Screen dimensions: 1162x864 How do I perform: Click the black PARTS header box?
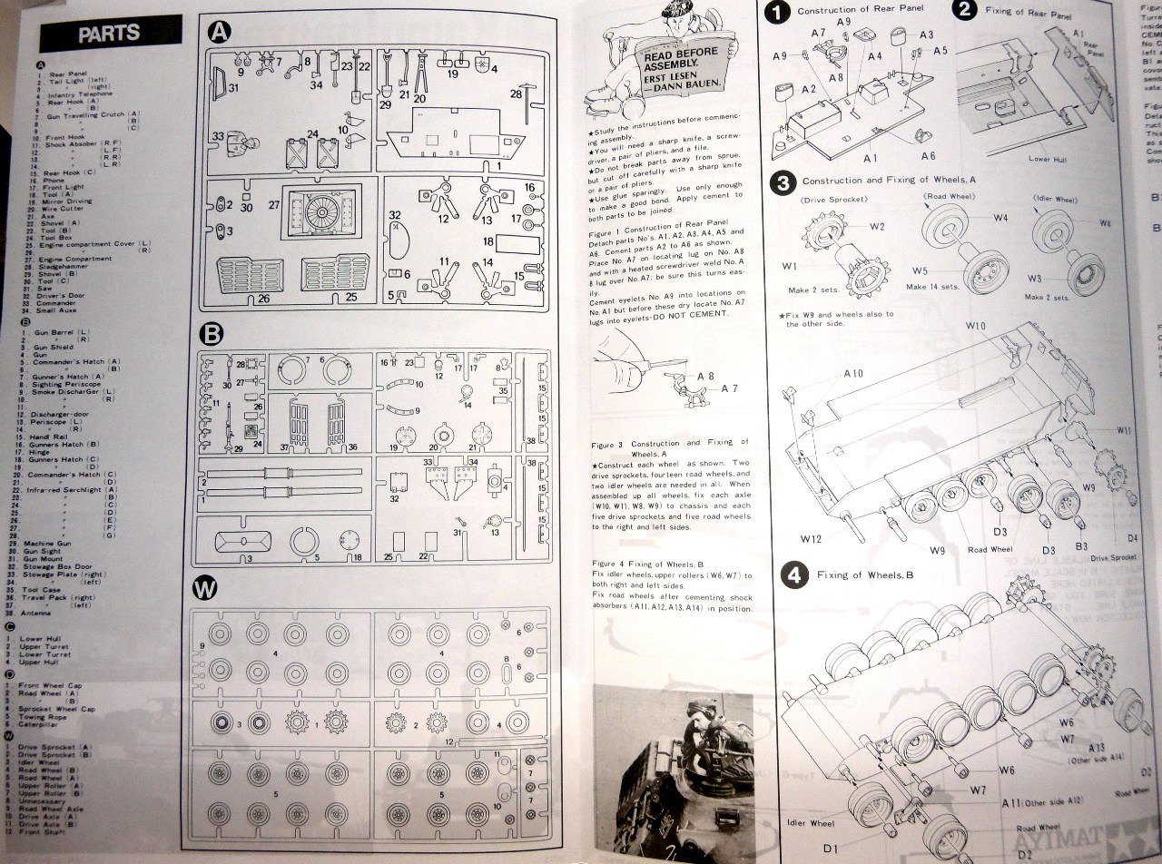109,34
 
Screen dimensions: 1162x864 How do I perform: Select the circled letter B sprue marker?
211,334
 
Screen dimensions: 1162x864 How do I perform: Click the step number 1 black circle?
777,13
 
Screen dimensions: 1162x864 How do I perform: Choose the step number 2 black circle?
965,11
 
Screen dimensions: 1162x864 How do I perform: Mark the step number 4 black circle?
793,574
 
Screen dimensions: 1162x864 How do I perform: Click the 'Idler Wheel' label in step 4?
811,823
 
